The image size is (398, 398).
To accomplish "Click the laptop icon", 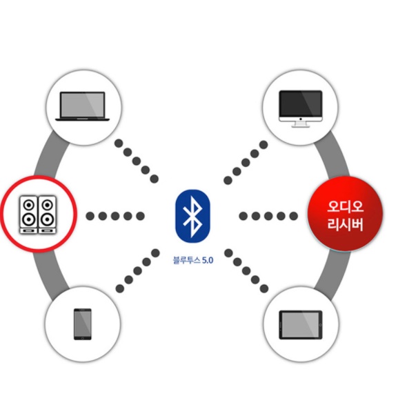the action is point(83,106).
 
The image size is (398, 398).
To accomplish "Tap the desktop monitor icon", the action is point(301,108).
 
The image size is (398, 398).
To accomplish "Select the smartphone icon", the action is point(83,324).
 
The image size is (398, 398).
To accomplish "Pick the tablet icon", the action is point(301,325).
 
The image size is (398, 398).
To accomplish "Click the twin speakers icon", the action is point(38,215).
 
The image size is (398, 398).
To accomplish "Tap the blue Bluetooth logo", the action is point(193,216).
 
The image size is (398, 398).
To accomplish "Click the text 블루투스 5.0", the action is point(193,260).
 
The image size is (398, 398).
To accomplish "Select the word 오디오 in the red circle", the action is point(345,206).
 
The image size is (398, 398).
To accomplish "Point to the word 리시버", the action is point(345,224).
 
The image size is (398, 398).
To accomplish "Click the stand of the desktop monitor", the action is point(301,124).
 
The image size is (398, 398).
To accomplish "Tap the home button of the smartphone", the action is point(83,338).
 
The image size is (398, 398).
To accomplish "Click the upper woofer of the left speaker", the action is point(29,204).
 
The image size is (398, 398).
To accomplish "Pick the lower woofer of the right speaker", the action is point(47,219).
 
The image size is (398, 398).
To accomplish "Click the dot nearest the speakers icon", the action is point(90,216).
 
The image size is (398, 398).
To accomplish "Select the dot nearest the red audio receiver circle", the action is point(293,216).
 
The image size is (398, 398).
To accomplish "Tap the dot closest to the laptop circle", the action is point(119,143).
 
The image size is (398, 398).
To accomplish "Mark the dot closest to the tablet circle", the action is point(264,288).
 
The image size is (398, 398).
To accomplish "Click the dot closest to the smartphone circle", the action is point(120,288).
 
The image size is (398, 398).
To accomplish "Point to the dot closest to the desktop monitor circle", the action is point(263,145).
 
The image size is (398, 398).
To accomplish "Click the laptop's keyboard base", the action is point(83,119).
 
